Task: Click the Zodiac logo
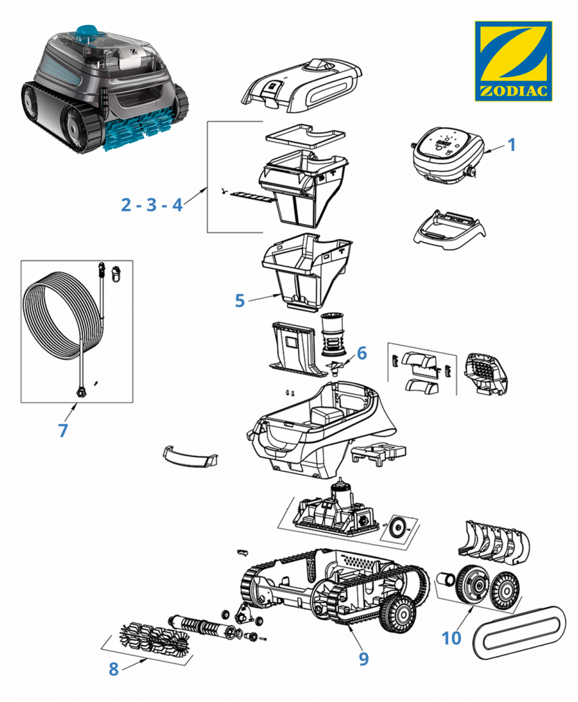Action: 513,61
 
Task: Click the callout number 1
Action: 511,145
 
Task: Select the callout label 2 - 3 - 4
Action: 152,205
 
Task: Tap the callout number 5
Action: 240,300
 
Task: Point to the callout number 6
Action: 362,353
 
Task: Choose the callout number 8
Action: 114,669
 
